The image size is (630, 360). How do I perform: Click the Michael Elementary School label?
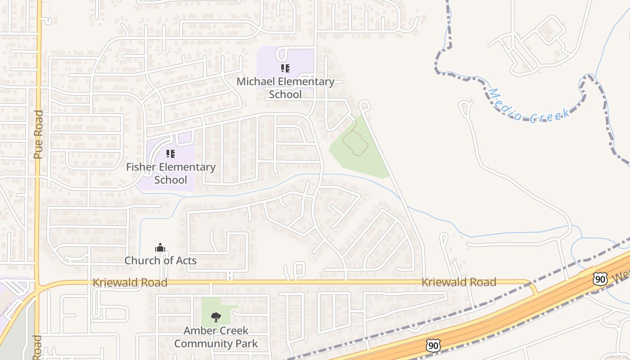tap(285, 88)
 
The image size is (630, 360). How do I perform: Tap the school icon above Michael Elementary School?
tap(285, 68)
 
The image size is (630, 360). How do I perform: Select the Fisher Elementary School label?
tap(171, 173)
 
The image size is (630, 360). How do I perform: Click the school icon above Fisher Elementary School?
tap(171, 154)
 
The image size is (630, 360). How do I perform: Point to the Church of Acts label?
tap(160, 261)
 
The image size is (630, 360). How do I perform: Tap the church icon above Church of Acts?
tap(160, 247)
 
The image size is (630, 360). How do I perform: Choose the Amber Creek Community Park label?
tap(216, 337)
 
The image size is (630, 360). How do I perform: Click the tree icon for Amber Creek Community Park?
tap(216, 317)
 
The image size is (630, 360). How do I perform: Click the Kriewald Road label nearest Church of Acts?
tap(130, 283)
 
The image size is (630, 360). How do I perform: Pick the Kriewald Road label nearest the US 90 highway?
tap(459, 282)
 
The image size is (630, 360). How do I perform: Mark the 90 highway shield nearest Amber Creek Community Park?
tap(433, 346)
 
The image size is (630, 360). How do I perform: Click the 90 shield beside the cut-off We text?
tap(600, 279)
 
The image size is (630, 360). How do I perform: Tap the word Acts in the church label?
tap(186, 261)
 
